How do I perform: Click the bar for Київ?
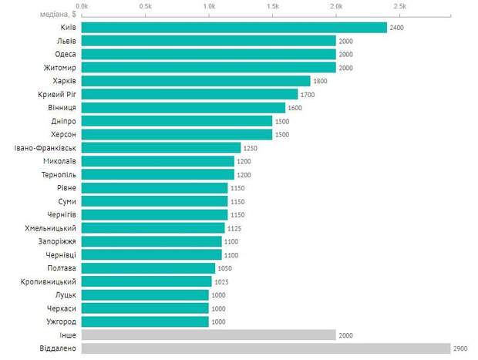[x=234, y=28]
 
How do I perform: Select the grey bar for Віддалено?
[x=265, y=348]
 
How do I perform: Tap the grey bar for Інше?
[x=208, y=335]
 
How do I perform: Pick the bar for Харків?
[x=195, y=81]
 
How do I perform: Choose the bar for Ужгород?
[x=144, y=321]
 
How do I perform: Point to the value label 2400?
[x=398, y=28]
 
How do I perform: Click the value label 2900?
[x=461, y=348]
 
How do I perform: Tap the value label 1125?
[x=236, y=228]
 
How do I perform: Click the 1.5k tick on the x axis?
[x=272, y=5]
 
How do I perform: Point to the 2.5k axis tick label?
[x=399, y=5]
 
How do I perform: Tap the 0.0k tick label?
[x=82, y=5]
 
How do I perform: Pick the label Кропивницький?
[x=49, y=281]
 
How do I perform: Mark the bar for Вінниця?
[x=183, y=108]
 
